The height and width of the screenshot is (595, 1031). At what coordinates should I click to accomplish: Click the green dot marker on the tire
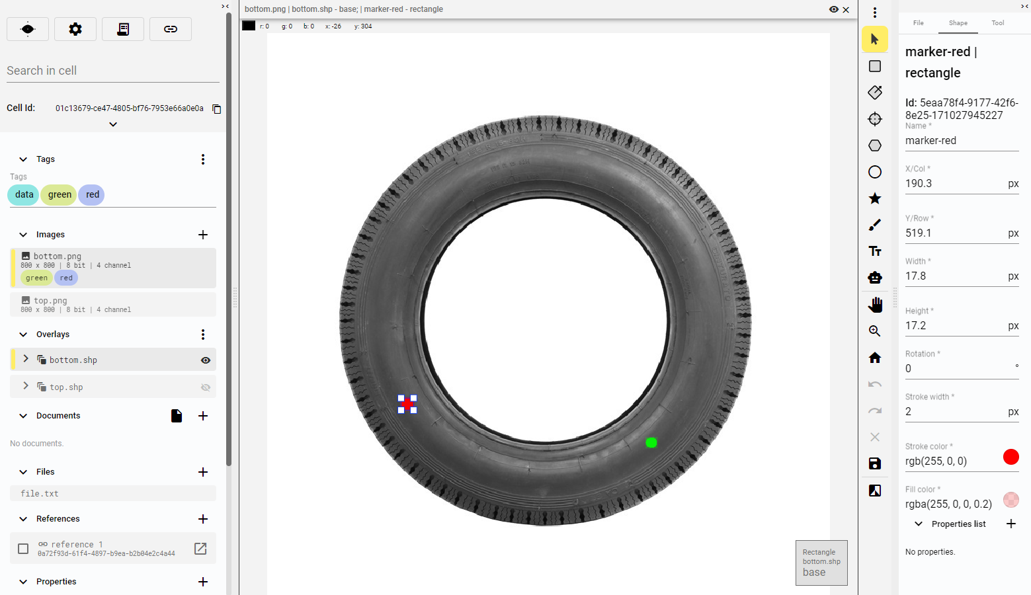pyautogui.click(x=651, y=443)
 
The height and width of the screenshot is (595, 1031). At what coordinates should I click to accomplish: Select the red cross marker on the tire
pyautogui.click(x=407, y=404)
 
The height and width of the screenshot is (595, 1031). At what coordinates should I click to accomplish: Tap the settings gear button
pyautogui.click(x=75, y=29)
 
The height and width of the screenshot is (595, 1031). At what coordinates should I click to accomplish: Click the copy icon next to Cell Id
pyautogui.click(x=217, y=108)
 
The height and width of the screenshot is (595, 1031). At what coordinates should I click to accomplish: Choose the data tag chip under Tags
pyautogui.click(x=24, y=194)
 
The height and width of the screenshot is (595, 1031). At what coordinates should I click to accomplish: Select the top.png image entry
pyautogui.click(x=113, y=304)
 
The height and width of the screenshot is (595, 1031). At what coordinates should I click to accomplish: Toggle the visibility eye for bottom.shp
pyautogui.click(x=205, y=360)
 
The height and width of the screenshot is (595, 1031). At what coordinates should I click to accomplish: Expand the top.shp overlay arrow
pyautogui.click(x=26, y=386)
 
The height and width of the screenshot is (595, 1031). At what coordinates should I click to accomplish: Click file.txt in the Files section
pyautogui.click(x=40, y=493)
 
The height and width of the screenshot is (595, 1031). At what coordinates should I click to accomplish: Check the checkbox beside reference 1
pyautogui.click(x=23, y=549)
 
